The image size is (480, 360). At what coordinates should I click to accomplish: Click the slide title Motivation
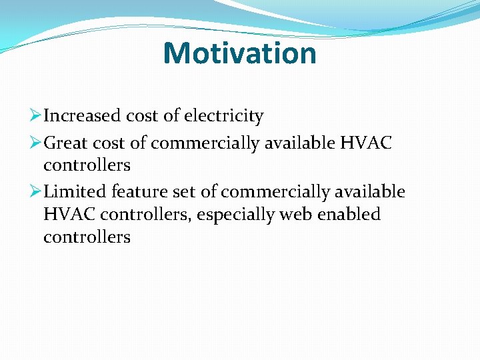click(x=239, y=53)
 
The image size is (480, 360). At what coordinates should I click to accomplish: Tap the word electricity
click(x=223, y=116)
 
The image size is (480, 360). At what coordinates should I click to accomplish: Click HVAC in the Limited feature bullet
click(x=65, y=215)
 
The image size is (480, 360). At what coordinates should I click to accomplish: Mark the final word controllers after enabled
click(x=87, y=237)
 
